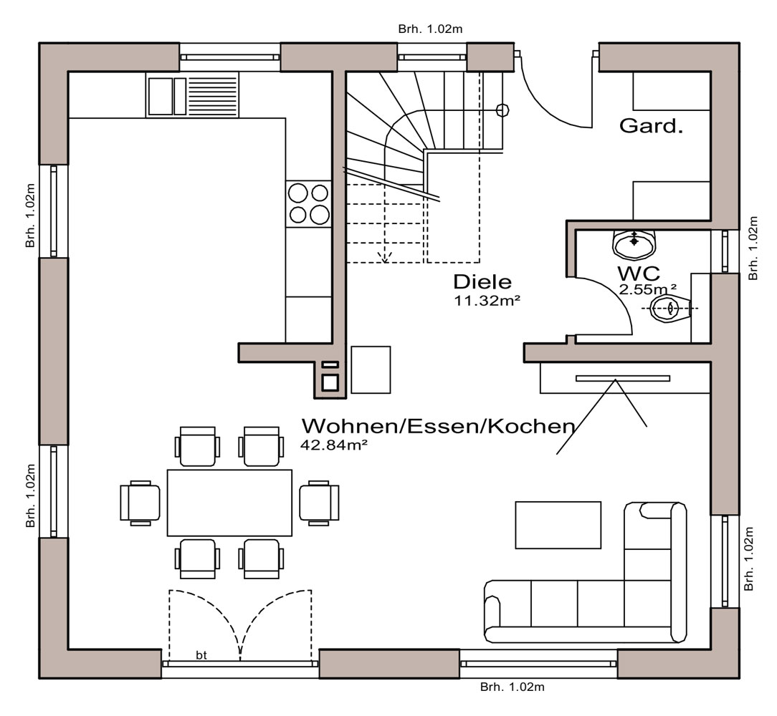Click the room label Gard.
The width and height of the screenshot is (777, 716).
tap(651, 126)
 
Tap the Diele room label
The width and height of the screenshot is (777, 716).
tap(482, 281)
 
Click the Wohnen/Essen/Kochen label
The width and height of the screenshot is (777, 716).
tap(438, 426)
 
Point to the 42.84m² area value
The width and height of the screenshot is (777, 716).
tap(333, 445)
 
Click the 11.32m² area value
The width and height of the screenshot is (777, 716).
tap(487, 301)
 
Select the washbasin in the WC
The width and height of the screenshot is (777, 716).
tap(634, 244)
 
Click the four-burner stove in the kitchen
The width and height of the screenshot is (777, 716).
tap(309, 204)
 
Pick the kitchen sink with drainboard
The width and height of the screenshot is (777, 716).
tap(192, 95)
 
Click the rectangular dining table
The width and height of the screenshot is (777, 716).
tap(229, 503)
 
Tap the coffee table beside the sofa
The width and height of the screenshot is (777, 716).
tap(558, 525)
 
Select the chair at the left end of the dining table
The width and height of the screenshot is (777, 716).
tap(140, 503)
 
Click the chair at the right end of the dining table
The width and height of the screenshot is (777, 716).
tap(319, 503)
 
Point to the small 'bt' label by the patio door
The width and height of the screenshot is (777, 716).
tap(201, 655)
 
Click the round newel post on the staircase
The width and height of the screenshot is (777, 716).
tap(502, 110)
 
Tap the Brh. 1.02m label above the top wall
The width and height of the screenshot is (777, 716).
tap(430, 29)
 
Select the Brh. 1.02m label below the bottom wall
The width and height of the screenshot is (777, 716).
tap(512, 687)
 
